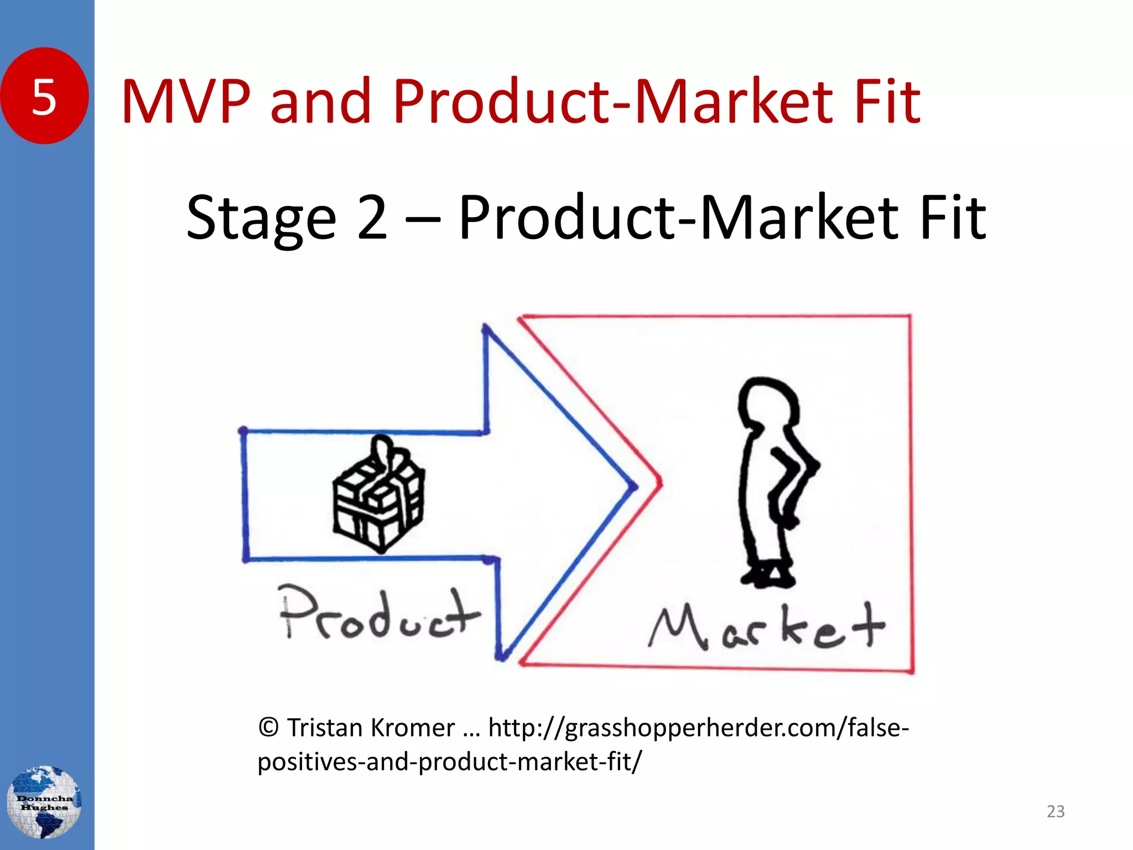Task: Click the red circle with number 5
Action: [44, 96]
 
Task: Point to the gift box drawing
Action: [379, 498]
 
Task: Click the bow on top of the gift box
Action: [383, 451]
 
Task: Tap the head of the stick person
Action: [769, 404]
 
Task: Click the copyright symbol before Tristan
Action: [268, 728]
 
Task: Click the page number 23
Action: [1055, 811]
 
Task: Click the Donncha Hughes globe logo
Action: [44, 802]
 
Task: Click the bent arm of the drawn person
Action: [797, 470]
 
